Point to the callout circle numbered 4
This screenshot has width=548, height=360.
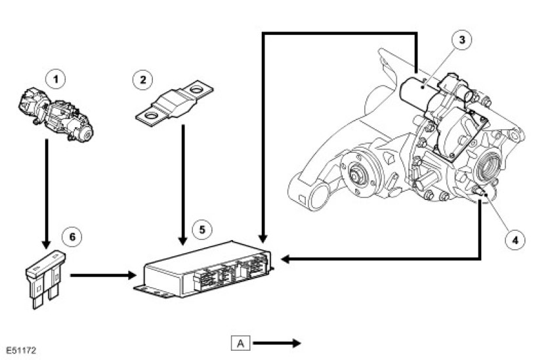(x=514, y=239)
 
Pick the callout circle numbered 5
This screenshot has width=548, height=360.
(x=202, y=230)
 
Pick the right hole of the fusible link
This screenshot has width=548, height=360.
(x=196, y=88)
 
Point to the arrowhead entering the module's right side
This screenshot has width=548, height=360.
(x=284, y=260)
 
